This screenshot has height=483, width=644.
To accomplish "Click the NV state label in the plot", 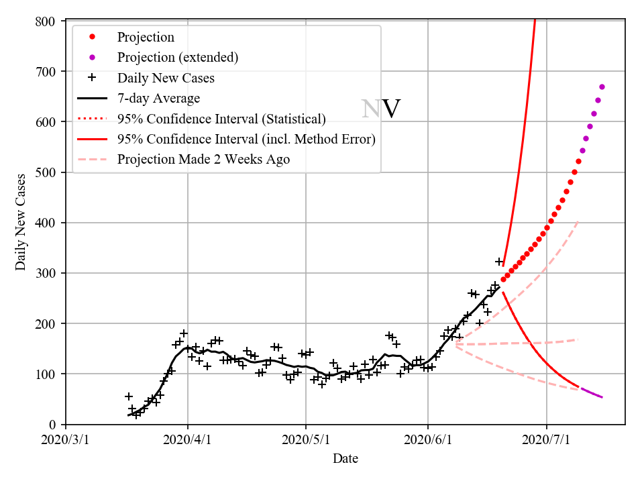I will (x=380, y=109).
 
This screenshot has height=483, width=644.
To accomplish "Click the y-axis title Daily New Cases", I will (x=21, y=222).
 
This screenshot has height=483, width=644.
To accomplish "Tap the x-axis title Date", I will (x=345, y=459).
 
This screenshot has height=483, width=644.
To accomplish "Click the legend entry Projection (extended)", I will (x=177, y=58).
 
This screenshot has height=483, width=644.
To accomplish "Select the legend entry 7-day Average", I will (x=158, y=99).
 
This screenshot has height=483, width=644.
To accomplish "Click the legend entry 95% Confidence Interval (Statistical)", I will (x=221, y=119).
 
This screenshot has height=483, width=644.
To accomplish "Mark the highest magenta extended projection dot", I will (x=602, y=87).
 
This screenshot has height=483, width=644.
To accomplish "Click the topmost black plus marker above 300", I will (x=499, y=262).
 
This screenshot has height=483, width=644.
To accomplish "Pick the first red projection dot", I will (x=503, y=279).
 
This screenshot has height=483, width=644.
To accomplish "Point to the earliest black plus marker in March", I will (x=129, y=396).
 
